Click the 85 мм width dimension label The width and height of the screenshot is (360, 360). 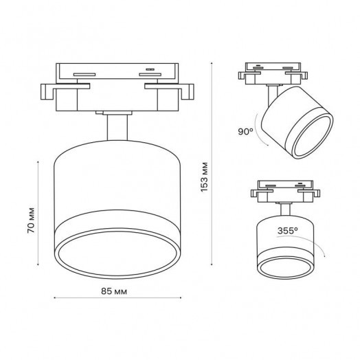click(x=114, y=291)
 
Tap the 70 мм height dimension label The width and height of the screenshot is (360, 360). click(x=31, y=221)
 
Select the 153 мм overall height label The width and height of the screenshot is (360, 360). click(x=204, y=177)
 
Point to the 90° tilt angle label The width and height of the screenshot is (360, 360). click(x=245, y=132)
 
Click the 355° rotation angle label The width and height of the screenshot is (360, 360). click(x=288, y=231)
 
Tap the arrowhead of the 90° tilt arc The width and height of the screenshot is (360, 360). click(x=268, y=145)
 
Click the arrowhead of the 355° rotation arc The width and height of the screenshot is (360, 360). click(x=324, y=256)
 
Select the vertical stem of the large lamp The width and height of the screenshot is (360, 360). click(x=117, y=127)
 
